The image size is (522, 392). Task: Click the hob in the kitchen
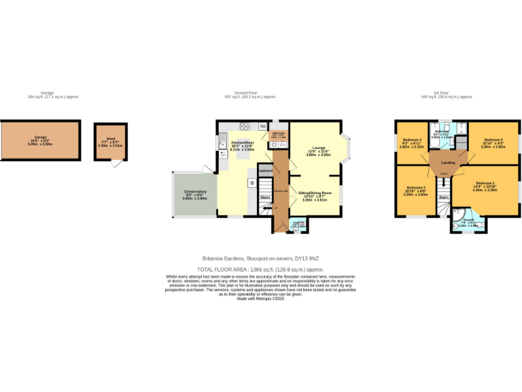[x=244, y=126]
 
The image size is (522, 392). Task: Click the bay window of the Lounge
[x=347, y=150]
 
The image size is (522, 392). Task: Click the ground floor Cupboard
[x=265, y=170]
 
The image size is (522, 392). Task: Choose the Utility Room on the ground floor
[x=279, y=135]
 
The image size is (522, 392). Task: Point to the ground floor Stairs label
[x=265, y=198]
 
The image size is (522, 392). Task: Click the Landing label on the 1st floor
[x=448, y=162]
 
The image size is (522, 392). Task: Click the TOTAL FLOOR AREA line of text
[x=261, y=269]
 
